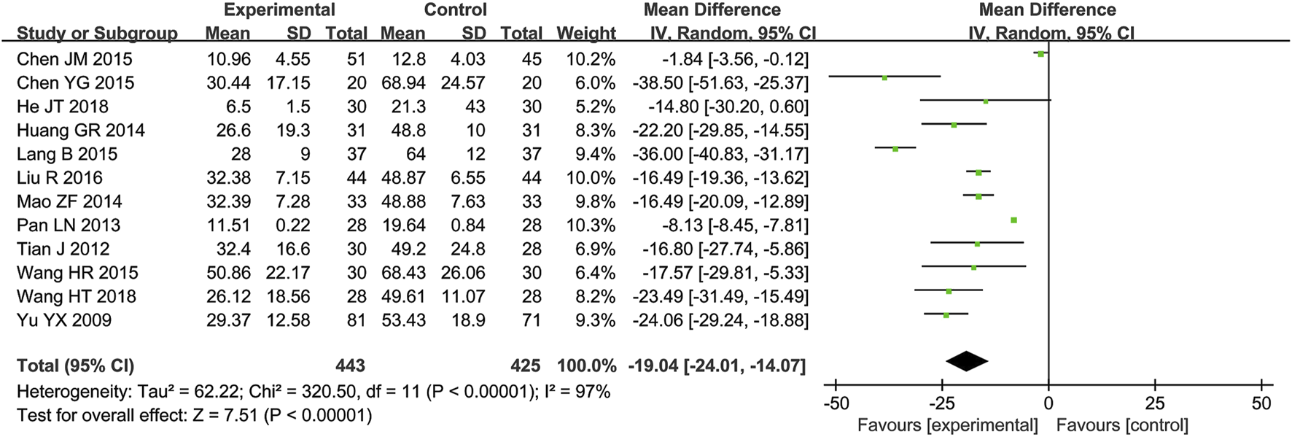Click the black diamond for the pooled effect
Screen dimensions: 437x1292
click(967, 360)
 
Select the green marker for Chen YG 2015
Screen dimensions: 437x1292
click(884, 77)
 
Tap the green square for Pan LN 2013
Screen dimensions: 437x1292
click(1013, 220)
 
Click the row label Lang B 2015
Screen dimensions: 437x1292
click(67, 154)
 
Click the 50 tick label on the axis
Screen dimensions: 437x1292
click(1261, 403)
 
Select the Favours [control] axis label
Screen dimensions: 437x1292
click(1122, 425)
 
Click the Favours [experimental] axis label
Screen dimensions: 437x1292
click(947, 425)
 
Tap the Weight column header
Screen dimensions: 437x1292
click(586, 34)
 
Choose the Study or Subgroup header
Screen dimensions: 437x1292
click(97, 34)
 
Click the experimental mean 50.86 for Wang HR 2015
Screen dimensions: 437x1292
click(228, 273)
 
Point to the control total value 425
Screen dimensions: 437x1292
click(525, 366)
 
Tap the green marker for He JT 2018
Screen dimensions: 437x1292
click(985, 101)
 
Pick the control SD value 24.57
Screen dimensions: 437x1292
click(463, 82)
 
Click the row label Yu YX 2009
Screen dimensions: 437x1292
click(64, 320)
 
